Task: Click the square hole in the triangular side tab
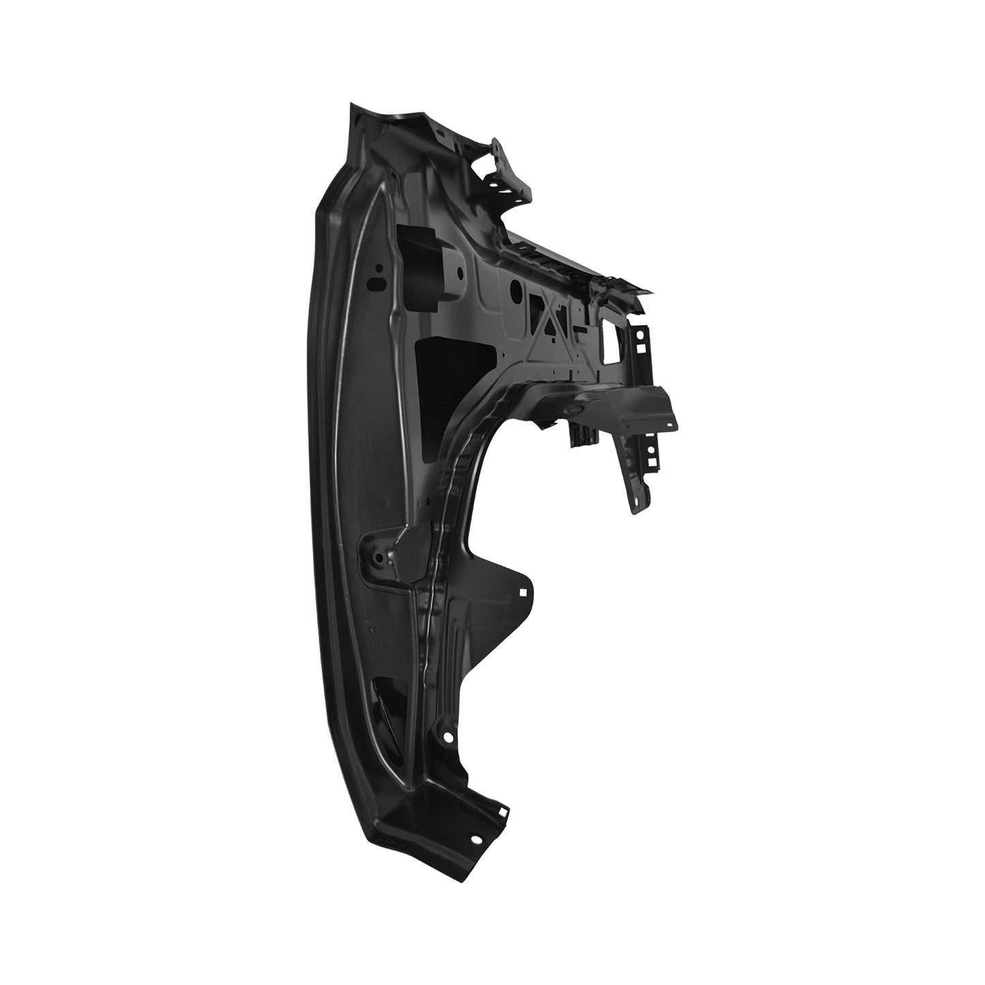tap(523, 592)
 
